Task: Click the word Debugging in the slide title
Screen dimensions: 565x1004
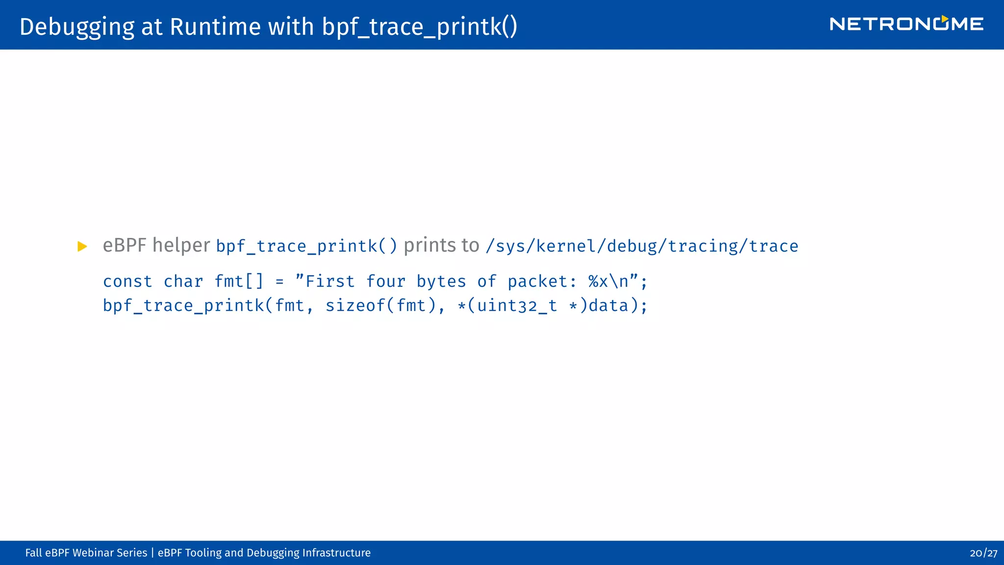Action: tap(76, 27)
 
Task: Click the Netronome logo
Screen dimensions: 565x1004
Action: tap(906, 24)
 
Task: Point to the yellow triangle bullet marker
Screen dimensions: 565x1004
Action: tap(82, 246)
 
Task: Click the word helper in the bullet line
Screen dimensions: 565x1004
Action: tap(181, 245)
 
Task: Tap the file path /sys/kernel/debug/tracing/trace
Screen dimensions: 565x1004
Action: tap(642, 246)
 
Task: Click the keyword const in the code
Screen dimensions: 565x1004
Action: tap(127, 282)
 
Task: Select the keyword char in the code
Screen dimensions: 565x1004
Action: tap(183, 282)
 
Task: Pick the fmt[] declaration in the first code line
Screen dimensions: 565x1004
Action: tap(239, 282)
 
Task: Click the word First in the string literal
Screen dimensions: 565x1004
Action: tap(329, 282)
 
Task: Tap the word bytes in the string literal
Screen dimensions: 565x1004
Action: tap(441, 282)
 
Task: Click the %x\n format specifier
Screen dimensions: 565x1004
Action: tap(608, 282)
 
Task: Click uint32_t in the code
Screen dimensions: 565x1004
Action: tap(517, 306)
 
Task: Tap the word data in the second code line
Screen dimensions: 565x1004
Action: tap(608, 306)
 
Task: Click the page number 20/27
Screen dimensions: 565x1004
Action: tap(983, 553)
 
